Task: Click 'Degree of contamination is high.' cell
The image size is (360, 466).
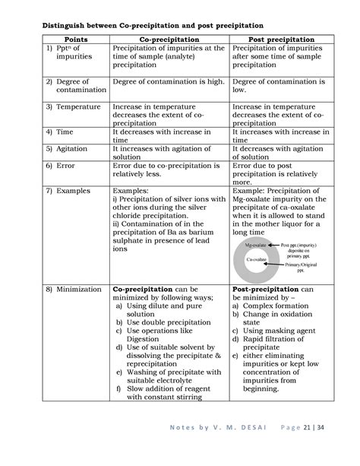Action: pyautogui.click(x=168, y=81)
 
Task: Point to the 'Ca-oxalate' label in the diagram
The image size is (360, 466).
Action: pyautogui.click(x=255, y=260)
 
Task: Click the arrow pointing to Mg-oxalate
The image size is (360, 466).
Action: pyautogui.click(x=271, y=246)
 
